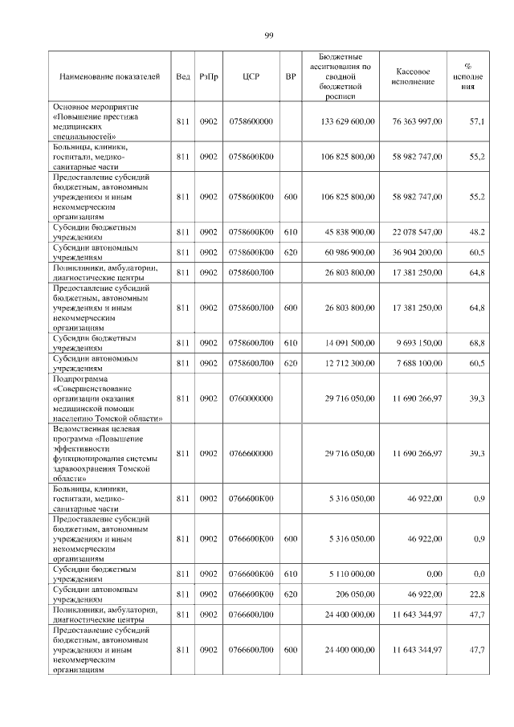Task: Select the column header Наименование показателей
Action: (x=110, y=76)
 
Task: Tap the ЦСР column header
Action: (x=250, y=76)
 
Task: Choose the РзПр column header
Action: (x=210, y=76)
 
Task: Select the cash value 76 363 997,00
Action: (x=417, y=121)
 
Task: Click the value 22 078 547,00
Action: (x=417, y=232)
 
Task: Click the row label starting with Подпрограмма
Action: (x=110, y=398)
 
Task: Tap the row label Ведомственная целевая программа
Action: (x=110, y=454)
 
